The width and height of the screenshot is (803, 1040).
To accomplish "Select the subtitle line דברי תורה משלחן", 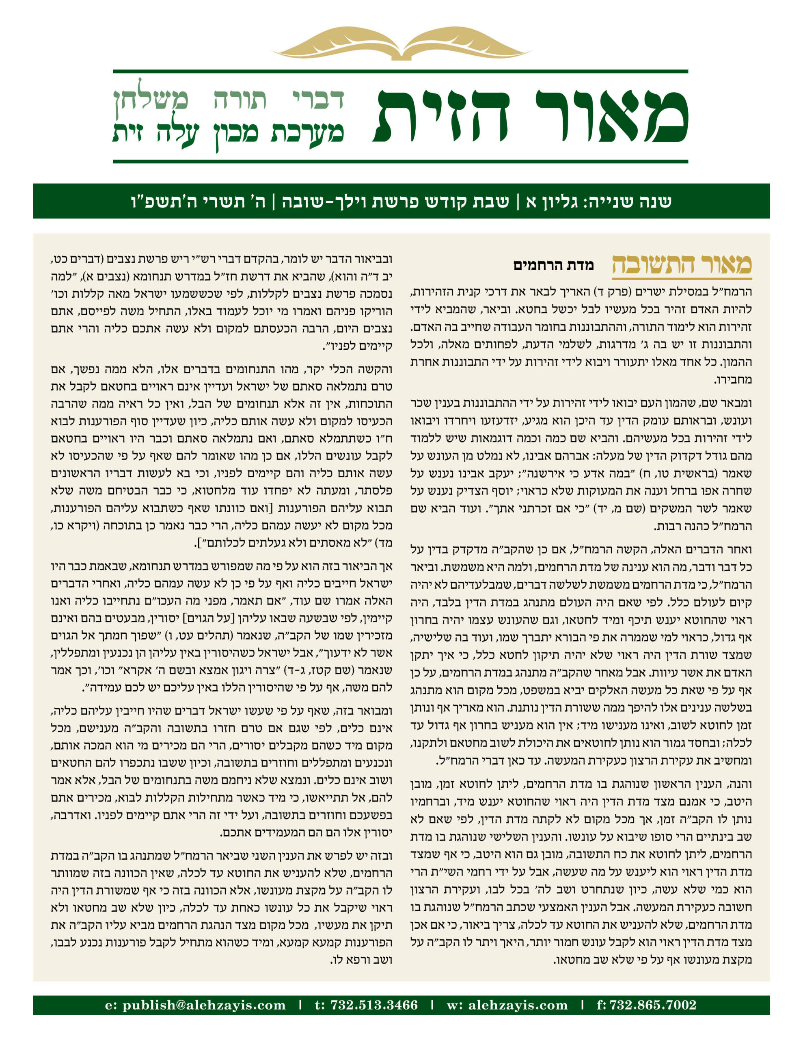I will [x=229, y=99].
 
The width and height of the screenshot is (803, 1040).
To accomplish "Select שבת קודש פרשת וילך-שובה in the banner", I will [x=396, y=201].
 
